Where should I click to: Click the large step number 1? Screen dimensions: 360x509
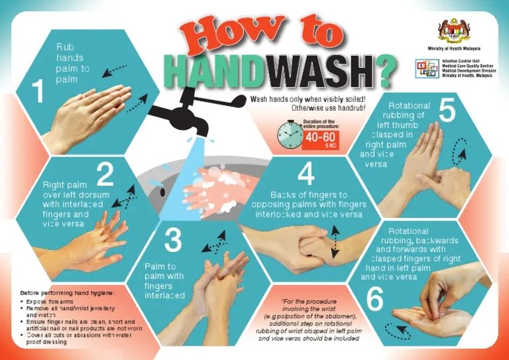click(x=38, y=92)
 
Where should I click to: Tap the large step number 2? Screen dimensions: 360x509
click(x=105, y=174)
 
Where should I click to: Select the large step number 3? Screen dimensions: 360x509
click(x=172, y=240)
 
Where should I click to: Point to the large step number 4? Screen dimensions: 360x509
click(x=305, y=174)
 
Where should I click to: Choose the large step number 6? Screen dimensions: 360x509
click(x=374, y=299)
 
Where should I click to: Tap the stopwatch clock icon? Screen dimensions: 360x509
click(x=289, y=135)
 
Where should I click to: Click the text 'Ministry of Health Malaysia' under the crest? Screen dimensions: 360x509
click(x=454, y=49)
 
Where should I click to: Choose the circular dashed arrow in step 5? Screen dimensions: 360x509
click(x=457, y=154)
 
